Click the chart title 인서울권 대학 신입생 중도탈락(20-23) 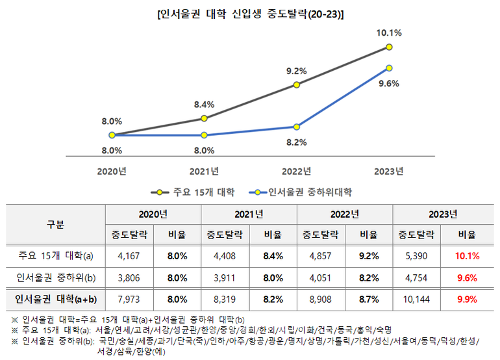250,14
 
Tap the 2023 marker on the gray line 388,47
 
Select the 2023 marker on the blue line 388,68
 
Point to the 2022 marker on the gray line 296,84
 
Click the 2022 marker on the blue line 296,127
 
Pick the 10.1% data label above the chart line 388,32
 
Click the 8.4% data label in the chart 204,103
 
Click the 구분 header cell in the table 55,224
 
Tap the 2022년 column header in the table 344,214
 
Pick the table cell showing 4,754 416,277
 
